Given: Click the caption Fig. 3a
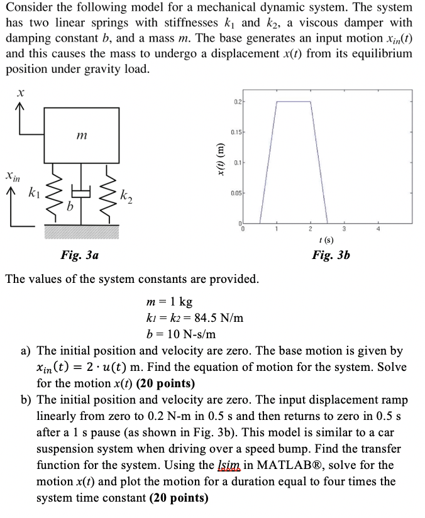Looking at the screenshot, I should point(79,255).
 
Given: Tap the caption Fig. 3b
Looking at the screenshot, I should point(331,255).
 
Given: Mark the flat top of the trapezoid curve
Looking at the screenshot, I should point(294,101).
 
